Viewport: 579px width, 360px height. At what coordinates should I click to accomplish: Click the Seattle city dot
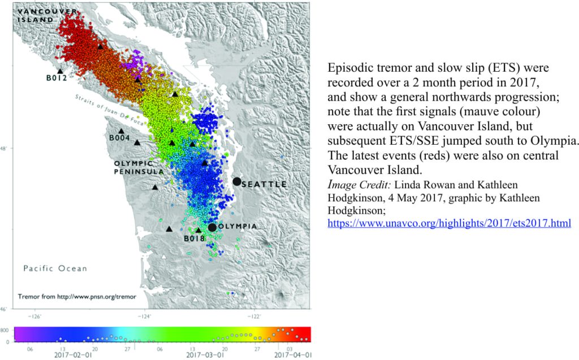click(x=237, y=181)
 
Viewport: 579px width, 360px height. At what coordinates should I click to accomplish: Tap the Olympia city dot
click(x=212, y=227)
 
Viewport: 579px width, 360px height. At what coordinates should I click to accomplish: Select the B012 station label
click(x=57, y=78)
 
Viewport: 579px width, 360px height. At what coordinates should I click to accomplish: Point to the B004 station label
click(x=119, y=138)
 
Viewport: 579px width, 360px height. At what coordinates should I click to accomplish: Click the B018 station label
click(x=195, y=239)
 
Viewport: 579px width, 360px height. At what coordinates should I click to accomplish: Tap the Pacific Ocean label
click(x=55, y=268)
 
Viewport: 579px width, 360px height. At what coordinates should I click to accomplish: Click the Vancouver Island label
click(x=47, y=16)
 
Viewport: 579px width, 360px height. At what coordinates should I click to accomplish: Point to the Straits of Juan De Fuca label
click(x=109, y=110)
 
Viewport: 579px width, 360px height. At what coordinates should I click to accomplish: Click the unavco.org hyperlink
click(x=450, y=223)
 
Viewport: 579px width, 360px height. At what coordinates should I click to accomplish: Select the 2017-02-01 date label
click(x=73, y=355)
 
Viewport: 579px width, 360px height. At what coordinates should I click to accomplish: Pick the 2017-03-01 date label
click(x=205, y=355)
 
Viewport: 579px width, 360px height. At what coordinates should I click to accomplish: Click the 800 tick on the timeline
click(x=5, y=330)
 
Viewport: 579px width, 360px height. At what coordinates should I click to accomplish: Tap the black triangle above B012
click(x=60, y=71)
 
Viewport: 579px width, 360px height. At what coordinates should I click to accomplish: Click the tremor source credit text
click(x=77, y=297)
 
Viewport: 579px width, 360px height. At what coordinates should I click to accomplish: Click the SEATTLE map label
click(x=265, y=184)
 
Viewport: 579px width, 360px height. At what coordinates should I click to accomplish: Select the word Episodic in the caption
click(x=352, y=68)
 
